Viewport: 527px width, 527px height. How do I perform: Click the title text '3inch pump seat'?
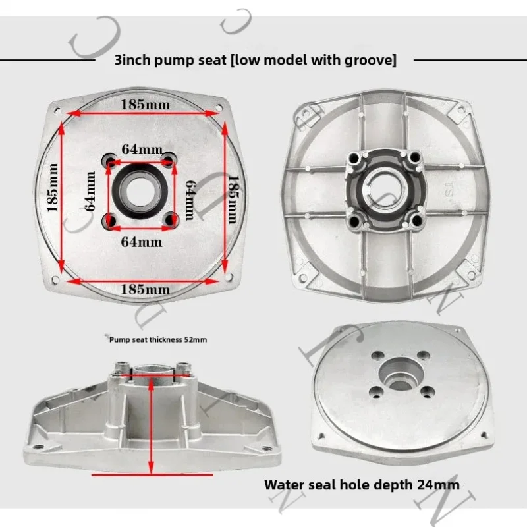[170, 60]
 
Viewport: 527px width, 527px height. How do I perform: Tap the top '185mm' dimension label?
[145, 105]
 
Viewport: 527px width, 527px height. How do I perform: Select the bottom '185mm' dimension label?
[145, 289]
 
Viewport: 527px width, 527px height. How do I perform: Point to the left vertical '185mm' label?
[53, 188]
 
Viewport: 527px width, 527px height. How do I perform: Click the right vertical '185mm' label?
[233, 200]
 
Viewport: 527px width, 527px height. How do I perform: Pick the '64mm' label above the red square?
[142, 150]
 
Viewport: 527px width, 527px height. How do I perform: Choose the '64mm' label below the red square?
[142, 242]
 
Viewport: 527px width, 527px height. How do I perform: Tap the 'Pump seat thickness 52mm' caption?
[158, 340]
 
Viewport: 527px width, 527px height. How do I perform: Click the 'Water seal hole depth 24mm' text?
[362, 485]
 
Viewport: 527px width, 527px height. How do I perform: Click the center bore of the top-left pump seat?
[140, 192]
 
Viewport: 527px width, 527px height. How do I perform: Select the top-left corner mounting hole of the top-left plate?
[57, 110]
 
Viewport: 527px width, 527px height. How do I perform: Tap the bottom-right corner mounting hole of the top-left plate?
[229, 277]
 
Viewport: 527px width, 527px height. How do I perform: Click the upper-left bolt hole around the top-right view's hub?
[354, 157]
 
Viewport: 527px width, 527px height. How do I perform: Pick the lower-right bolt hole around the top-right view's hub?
[416, 221]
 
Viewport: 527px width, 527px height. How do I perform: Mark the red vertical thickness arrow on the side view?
[152, 425]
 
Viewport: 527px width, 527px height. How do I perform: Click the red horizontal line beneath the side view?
[152, 475]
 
